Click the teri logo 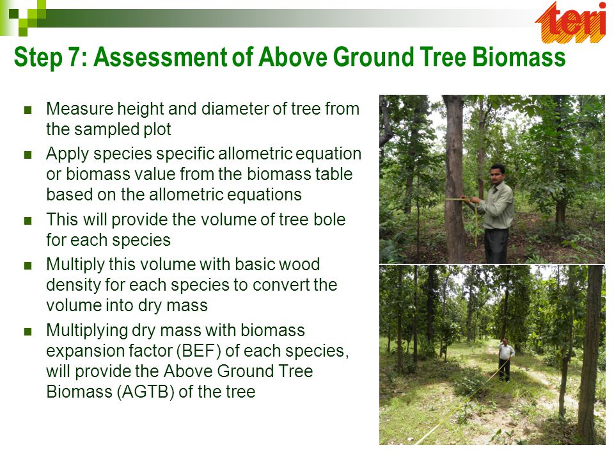coord(571,22)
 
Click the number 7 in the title coord(74,57)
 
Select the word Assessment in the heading coord(160,57)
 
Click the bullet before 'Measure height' coord(28,109)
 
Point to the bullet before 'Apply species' coord(28,154)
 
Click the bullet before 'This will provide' coord(28,221)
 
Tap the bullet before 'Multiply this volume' coord(28,265)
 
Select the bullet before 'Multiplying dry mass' coord(28,332)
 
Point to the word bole coord(329,220)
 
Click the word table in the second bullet coord(334,174)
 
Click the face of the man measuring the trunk coord(498,175)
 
